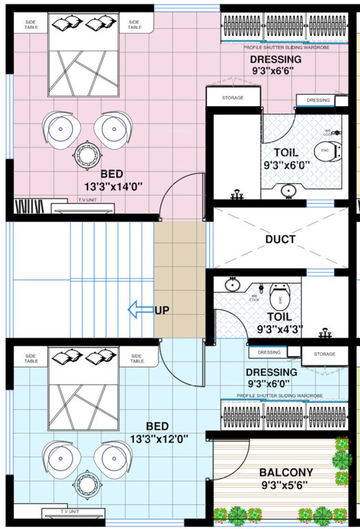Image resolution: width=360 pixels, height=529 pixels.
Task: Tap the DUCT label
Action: pos(280,240)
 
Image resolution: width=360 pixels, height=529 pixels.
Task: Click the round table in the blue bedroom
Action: pos(87,483)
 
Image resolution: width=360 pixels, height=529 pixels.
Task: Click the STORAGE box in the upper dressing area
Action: pos(233,98)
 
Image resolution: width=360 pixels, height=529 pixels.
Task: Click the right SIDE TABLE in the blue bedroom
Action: pos(136,358)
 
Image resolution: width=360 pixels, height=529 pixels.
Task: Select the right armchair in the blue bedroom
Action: pos(112,457)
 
